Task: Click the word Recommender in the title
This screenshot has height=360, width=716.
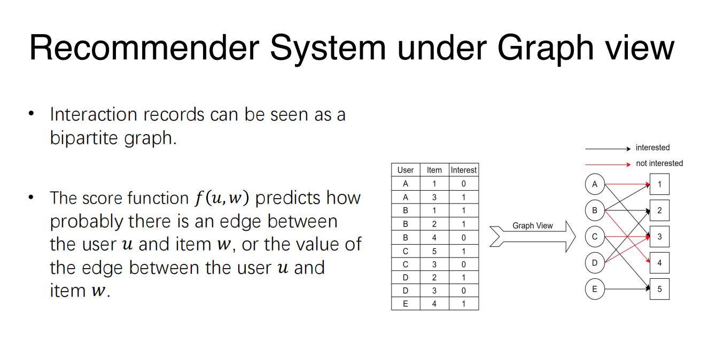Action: [144, 48]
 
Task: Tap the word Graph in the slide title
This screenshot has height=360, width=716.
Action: [546, 50]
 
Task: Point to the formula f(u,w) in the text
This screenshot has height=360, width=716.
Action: [222, 198]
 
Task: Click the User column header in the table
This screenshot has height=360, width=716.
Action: [406, 170]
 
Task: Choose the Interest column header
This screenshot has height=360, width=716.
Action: [464, 170]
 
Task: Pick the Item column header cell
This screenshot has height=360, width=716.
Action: [434, 170]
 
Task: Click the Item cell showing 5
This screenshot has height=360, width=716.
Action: [434, 252]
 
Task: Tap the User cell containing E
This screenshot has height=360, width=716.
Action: [406, 304]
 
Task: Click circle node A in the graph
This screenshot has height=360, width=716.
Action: [595, 184]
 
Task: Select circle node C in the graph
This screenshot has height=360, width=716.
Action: [595, 237]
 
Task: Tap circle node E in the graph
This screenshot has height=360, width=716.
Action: [595, 289]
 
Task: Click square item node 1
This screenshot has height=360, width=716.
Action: [659, 184]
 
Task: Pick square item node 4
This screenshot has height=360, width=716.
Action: [659, 263]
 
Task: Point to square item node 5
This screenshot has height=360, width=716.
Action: [659, 289]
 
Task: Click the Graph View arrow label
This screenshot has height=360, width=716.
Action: [533, 225]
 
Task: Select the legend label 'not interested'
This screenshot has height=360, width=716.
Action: [659, 163]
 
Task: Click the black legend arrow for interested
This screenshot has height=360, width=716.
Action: [608, 148]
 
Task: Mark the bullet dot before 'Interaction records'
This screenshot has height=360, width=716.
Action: [31, 113]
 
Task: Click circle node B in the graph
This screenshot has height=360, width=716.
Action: [595, 210]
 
